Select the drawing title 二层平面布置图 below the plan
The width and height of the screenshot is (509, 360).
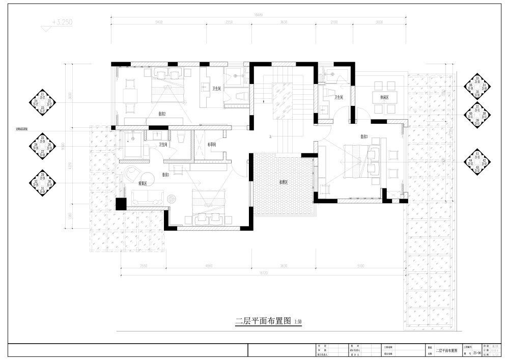pyautogui.click(x=263, y=321)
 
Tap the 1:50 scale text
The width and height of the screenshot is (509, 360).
pyautogui.click(x=298, y=322)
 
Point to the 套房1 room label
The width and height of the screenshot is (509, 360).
pyautogui.click(x=166, y=175)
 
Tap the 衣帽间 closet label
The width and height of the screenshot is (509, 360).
pyautogui.click(x=213, y=145)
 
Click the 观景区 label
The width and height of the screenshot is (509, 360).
pyautogui.click(x=143, y=183)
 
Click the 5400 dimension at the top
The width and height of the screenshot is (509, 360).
pyautogui.click(x=158, y=23)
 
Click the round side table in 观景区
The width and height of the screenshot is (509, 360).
pyautogui.click(x=172, y=198)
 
